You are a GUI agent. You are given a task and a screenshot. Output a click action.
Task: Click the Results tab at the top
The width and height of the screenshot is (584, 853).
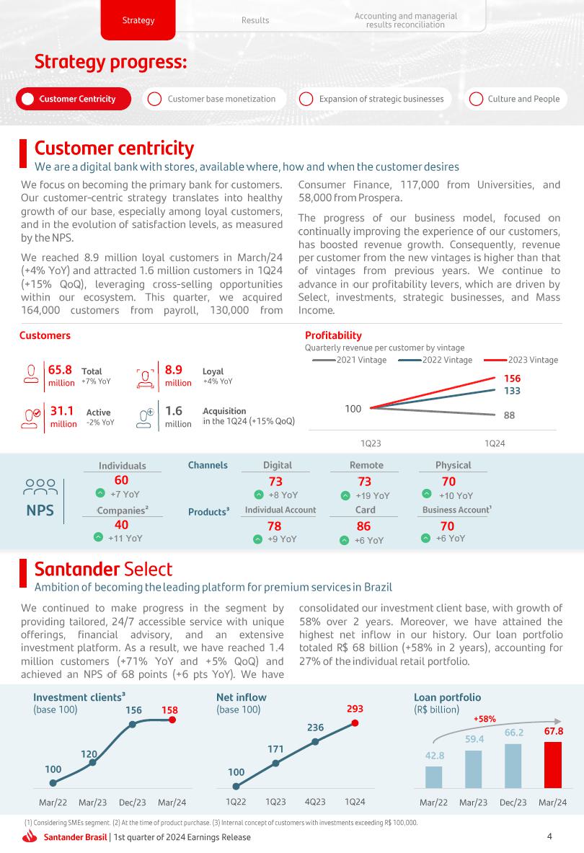pos(255,20)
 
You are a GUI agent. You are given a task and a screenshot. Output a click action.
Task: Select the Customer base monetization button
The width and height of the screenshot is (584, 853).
pos(214,99)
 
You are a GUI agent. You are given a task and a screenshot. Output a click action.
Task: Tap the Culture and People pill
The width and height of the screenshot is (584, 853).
pos(516,99)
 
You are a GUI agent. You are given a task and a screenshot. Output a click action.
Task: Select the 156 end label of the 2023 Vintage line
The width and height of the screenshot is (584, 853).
pos(512,378)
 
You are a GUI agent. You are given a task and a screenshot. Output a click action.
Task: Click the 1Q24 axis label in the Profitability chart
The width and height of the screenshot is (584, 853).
pos(494,443)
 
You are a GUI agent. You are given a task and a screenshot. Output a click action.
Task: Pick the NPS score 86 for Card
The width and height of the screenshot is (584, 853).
pos(363,526)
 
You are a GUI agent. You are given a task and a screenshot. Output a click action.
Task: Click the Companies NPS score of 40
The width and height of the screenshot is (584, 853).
pos(122,525)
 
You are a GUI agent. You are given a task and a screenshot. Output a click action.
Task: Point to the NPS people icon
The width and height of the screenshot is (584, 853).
pos(40,488)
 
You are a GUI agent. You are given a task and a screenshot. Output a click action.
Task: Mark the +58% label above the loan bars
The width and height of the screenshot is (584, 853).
pos(485,719)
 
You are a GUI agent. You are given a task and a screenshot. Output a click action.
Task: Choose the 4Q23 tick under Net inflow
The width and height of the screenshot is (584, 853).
pos(314,802)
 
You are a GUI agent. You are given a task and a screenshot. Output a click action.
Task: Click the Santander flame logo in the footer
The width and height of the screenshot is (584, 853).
pos(30,837)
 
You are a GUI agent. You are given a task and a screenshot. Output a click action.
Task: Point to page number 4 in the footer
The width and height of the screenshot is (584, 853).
pos(549,836)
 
